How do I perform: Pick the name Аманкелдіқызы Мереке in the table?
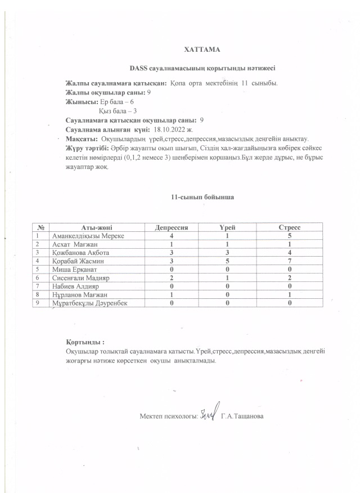87,235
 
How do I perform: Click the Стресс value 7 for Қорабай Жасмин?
289,261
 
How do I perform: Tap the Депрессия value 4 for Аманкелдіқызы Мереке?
171,235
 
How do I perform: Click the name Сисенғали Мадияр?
79,278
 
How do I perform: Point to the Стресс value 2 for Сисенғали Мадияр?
289,278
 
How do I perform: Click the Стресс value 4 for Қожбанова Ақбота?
289,253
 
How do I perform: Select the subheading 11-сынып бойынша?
202,198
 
